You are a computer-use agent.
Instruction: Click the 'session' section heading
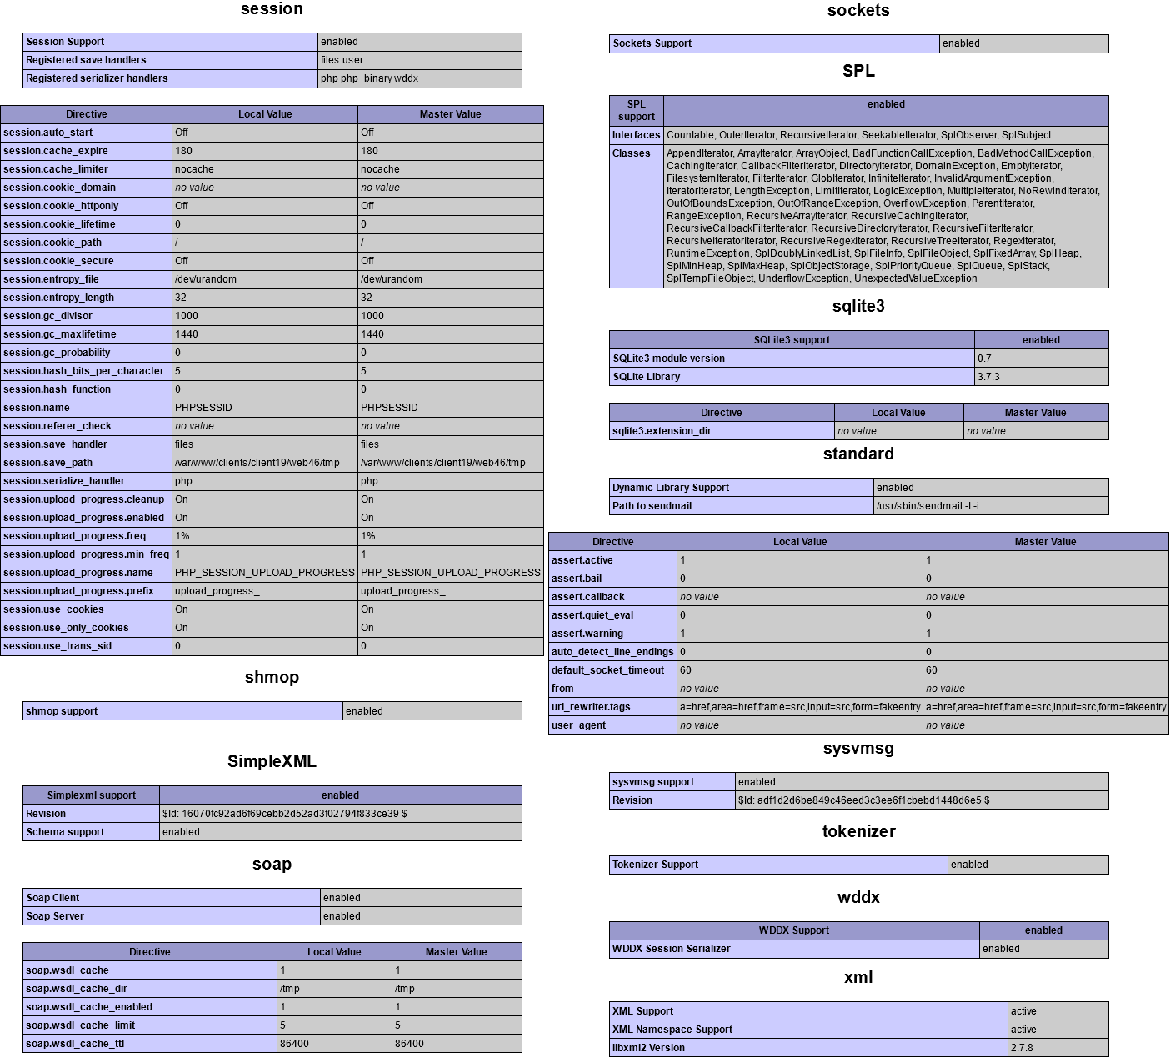coord(272,9)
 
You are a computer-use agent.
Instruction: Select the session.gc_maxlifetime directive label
coord(60,334)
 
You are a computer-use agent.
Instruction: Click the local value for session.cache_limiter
coord(194,169)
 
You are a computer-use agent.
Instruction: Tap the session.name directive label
coord(37,408)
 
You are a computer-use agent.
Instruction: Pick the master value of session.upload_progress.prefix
coord(402,591)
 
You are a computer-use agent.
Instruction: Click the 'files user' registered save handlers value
coord(342,60)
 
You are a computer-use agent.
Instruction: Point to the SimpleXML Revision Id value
coord(284,814)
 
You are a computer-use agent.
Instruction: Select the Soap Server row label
coord(55,916)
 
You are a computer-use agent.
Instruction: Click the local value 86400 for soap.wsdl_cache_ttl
coord(294,1044)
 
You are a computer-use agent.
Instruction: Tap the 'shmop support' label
coord(62,711)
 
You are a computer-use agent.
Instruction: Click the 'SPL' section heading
coord(858,71)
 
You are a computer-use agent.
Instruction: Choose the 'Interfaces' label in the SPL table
coord(636,135)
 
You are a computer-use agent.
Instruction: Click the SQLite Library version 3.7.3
coord(988,377)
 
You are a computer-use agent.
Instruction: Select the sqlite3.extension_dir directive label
coord(662,431)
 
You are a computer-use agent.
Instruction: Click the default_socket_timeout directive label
coord(607,670)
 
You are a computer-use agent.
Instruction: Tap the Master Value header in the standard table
coord(1045,542)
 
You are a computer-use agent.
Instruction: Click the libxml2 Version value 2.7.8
coord(1022,1048)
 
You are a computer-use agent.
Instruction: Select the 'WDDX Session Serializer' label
coord(671,949)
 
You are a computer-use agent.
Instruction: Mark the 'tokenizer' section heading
coord(858,831)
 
